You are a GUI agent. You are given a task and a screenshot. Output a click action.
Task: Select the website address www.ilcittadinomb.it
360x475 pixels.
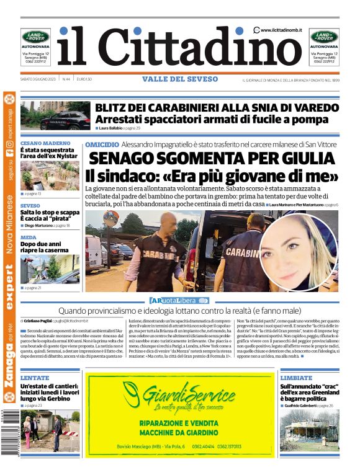coord(281,30)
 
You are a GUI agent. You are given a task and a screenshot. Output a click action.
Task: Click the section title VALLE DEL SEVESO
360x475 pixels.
coord(180,79)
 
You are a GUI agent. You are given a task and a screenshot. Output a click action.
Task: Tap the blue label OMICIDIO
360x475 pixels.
coord(102,144)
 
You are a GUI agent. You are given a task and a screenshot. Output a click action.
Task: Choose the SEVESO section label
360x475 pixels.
coord(30,205)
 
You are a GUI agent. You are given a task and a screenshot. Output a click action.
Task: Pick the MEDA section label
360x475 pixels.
coord(28,238)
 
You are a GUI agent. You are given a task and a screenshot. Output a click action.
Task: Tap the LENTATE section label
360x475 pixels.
coord(35,378)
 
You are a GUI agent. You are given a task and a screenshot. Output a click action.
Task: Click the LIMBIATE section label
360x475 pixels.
coord(296,378)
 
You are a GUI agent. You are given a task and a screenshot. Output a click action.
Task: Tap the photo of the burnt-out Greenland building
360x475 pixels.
coord(309,429)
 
